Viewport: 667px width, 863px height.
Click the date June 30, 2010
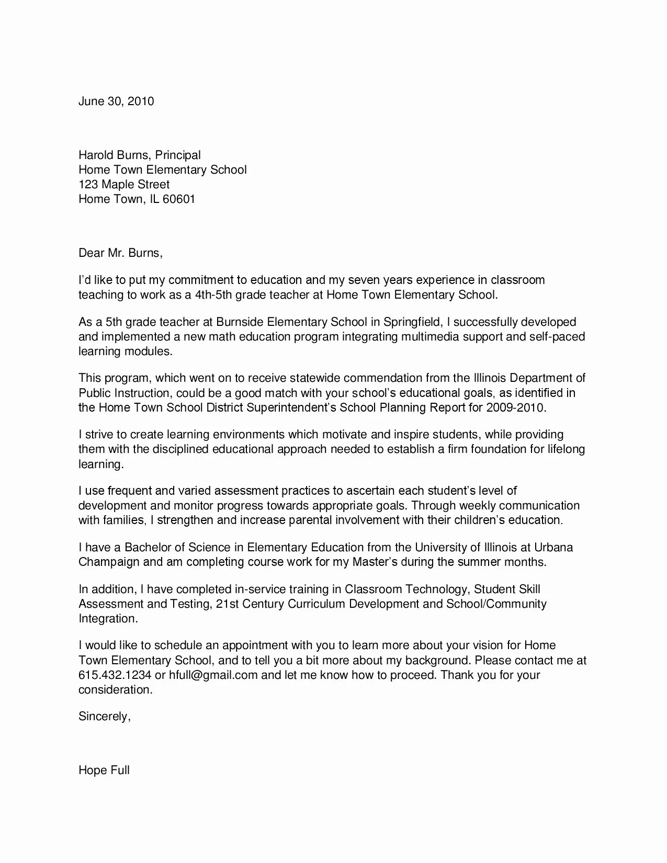tap(116, 101)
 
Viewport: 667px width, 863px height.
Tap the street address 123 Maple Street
tap(124, 185)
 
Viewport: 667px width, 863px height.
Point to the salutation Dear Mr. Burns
tap(120, 254)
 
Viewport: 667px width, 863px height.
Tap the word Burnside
tap(240, 322)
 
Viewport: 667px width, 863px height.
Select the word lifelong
tap(566, 449)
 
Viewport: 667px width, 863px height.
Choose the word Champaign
tap(109, 563)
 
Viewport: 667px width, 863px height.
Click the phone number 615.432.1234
tap(115, 675)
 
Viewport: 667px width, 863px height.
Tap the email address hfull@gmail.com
tap(213, 675)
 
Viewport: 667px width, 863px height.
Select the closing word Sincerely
tap(104, 717)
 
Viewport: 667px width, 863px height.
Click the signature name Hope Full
tap(104, 771)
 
